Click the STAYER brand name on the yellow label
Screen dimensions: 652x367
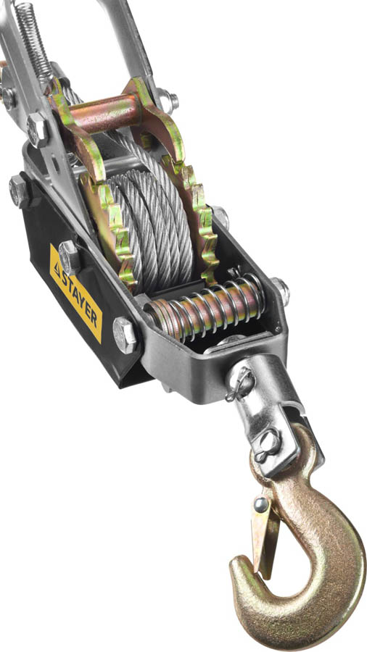click(82, 299)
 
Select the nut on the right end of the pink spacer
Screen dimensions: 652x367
click(168, 101)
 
